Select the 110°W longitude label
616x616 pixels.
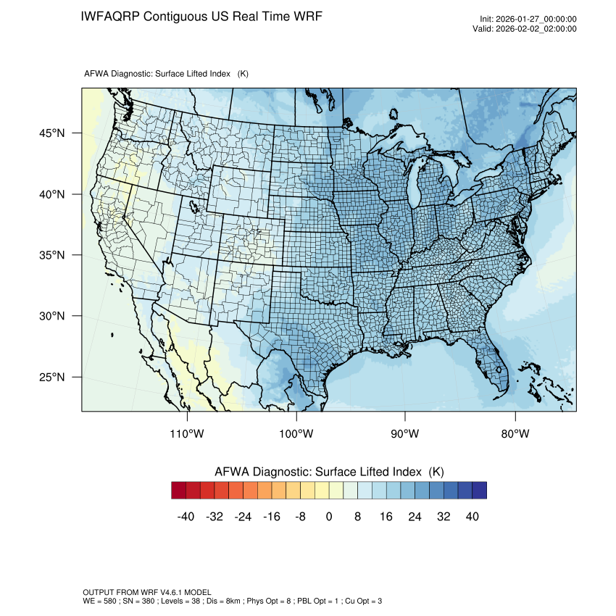pyautogui.click(x=188, y=434)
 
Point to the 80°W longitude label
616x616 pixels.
pyautogui.click(x=515, y=434)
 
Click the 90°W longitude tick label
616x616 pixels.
pyautogui.click(x=405, y=434)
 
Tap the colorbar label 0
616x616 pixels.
pyautogui.click(x=329, y=517)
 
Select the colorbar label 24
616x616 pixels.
pyautogui.click(x=415, y=517)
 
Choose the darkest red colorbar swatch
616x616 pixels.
pyautogui.click(x=179, y=491)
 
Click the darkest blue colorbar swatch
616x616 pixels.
pyautogui.click(x=479, y=491)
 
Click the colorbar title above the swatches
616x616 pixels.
pyautogui.click(x=329, y=472)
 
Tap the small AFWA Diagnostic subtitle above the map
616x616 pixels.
pyautogui.click(x=166, y=74)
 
